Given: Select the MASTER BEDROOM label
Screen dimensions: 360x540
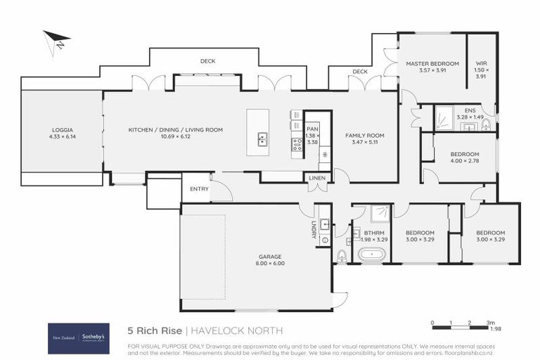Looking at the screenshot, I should tap(432, 64).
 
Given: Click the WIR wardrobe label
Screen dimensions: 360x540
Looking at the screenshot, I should tap(481, 64).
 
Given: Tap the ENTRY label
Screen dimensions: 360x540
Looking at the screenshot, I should tap(200, 188).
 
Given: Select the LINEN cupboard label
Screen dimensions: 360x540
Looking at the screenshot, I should tap(317, 179).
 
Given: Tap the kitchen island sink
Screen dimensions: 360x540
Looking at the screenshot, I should tap(262, 139).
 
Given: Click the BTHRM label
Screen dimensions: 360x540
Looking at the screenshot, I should tap(373, 233).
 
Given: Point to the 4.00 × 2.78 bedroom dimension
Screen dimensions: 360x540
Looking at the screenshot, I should tap(464, 161).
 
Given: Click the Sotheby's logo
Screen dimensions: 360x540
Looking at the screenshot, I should tap(95, 337).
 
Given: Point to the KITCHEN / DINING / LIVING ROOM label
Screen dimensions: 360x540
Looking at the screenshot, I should tap(175, 130).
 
